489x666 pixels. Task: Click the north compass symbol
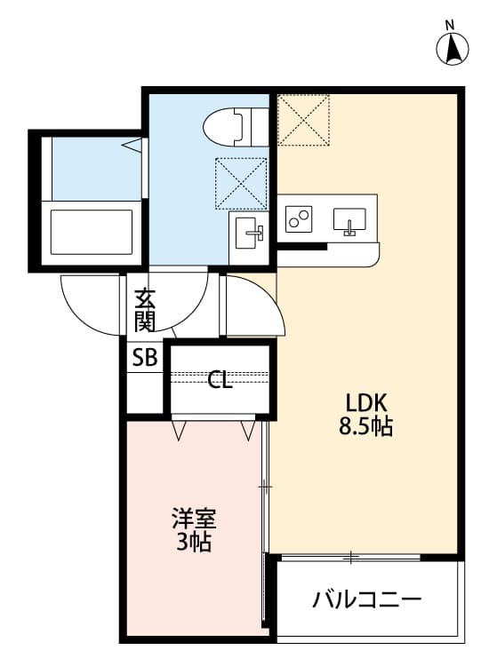click(x=453, y=49)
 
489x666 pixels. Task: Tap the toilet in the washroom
click(x=229, y=126)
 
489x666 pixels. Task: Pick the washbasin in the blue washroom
click(x=248, y=235)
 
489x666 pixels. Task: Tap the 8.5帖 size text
click(x=365, y=426)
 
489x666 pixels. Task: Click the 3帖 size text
click(x=193, y=543)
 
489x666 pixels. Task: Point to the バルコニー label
click(x=365, y=600)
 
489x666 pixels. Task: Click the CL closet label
click(x=220, y=382)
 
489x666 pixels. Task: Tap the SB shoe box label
click(x=144, y=358)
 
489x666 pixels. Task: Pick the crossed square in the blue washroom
click(x=241, y=183)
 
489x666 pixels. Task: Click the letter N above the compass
click(x=450, y=24)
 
